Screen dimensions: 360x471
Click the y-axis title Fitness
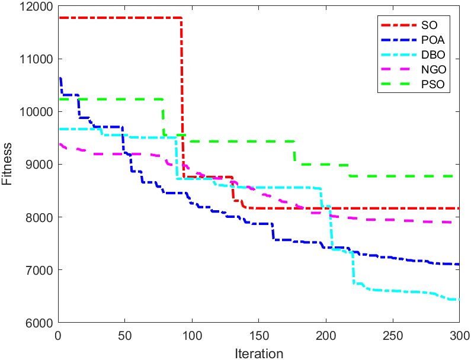7,165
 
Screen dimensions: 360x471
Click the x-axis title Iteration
258,353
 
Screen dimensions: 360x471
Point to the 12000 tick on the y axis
35,7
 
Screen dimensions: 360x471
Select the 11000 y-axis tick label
35,60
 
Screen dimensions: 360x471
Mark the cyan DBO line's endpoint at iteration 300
459,300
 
